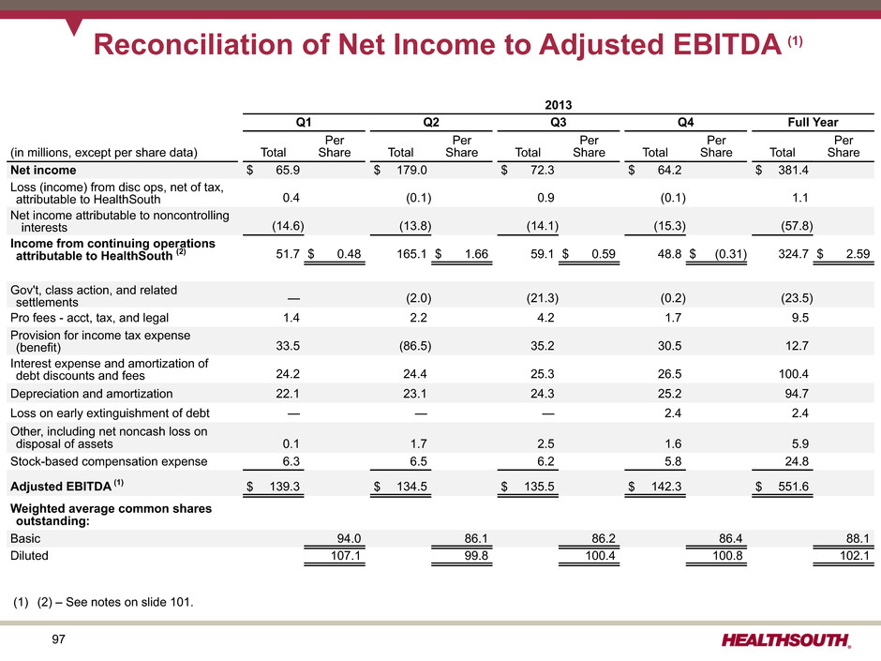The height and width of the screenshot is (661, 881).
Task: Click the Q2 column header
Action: click(x=431, y=123)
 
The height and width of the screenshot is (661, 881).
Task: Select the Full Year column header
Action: click(x=813, y=123)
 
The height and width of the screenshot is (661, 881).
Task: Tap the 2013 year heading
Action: click(x=558, y=105)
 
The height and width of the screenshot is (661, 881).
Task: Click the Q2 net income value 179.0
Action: click(x=411, y=170)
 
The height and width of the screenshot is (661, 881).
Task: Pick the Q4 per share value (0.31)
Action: click(x=730, y=254)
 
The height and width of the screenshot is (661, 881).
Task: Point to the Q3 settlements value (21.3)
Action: click(x=543, y=298)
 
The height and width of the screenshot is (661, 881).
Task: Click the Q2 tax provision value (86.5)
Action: click(x=415, y=346)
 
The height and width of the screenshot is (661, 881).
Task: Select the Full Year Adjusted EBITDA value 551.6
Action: click(x=793, y=487)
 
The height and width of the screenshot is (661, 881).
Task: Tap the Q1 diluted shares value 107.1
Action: click(x=346, y=556)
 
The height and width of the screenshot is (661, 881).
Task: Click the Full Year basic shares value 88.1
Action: click(x=858, y=538)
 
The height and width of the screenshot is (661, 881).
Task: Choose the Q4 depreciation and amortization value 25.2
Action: click(x=670, y=394)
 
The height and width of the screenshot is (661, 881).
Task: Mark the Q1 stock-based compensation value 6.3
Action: click(x=291, y=461)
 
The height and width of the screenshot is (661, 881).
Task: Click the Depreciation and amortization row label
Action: click(x=92, y=394)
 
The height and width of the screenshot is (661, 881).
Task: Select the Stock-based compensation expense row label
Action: click(x=109, y=461)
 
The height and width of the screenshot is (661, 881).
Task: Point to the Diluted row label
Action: click(x=29, y=556)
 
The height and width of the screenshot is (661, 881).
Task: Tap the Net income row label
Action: click(x=43, y=170)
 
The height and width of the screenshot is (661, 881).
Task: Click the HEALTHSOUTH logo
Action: click(x=786, y=640)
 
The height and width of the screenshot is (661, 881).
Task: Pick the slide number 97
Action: click(x=58, y=639)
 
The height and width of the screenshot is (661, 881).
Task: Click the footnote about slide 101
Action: click(x=103, y=602)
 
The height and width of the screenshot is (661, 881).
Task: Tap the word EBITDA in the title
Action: click(x=727, y=44)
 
